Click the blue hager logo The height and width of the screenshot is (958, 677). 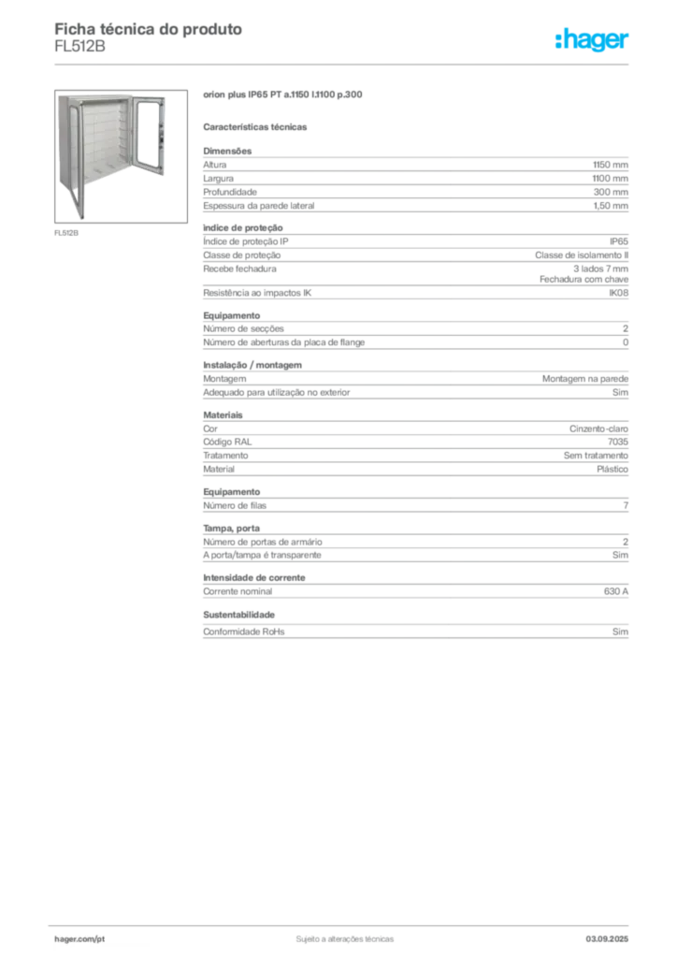593,40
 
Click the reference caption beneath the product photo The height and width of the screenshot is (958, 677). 66,233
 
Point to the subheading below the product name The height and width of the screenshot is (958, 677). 258,126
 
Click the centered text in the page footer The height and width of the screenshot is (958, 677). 343,936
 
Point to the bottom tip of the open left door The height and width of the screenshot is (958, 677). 82,217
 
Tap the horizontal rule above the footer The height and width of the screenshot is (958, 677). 343,922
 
